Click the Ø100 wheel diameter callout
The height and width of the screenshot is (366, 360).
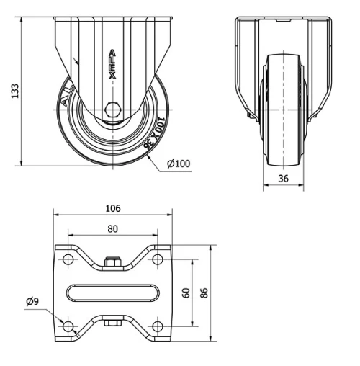tap(179, 163)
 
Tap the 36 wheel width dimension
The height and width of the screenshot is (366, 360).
tap(283, 178)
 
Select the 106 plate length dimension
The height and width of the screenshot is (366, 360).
tap(112, 208)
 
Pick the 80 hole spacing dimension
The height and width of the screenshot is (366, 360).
tap(112, 229)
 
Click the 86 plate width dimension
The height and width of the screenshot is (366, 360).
tap(204, 293)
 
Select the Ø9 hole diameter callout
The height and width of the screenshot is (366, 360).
tap(32, 301)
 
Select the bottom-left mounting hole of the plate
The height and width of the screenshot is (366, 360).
tap(68, 326)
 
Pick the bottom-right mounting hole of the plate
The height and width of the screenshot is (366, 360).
tap(157, 326)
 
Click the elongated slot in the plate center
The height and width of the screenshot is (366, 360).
tap(112, 293)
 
